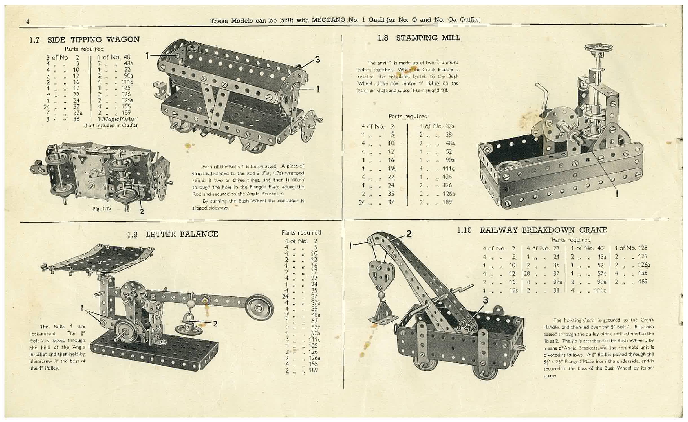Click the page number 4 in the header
click(28, 21)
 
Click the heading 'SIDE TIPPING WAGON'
click(93, 39)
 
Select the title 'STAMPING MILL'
click(428, 38)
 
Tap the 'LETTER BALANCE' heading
click(182, 234)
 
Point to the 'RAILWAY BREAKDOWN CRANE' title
click(543, 230)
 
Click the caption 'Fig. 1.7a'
click(102, 209)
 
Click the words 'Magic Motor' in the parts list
click(120, 119)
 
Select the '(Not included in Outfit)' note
click(111, 125)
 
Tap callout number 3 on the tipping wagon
click(317, 60)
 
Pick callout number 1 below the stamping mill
click(616, 193)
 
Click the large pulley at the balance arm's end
click(259, 307)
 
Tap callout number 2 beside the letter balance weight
click(215, 324)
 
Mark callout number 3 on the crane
click(485, 300)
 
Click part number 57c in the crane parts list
click(601, 273)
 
